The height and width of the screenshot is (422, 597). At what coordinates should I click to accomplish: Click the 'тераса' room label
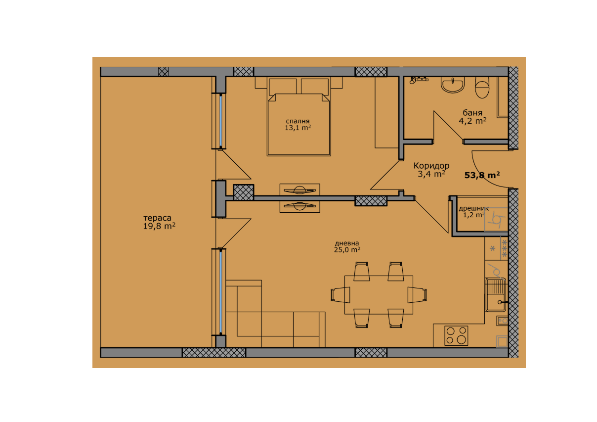(157, 219)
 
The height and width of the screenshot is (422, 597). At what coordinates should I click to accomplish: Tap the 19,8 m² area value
(159, 227)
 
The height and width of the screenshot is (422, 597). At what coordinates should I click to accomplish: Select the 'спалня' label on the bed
(298, 122)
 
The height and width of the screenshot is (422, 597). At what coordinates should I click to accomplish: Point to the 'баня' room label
(472, 113)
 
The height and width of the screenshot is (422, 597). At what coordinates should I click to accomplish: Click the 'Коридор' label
(431, 166)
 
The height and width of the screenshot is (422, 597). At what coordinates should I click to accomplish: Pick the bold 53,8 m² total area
(482, 175)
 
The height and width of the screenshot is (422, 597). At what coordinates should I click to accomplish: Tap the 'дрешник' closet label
(473, 209)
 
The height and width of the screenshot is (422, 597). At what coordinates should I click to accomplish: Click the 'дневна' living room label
(347, 243)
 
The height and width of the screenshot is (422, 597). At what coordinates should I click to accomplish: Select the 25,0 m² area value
(347, 250)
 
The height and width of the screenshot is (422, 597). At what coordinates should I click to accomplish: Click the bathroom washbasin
(453, 85)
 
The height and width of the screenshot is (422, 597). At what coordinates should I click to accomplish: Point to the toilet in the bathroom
(482, 88)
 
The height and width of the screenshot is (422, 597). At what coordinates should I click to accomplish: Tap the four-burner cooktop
(456, 335)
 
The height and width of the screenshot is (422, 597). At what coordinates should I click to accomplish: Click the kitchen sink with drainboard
(496, 295)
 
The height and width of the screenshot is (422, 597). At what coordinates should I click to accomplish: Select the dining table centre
(379, 295)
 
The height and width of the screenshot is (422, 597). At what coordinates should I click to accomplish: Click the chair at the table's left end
(341, 295)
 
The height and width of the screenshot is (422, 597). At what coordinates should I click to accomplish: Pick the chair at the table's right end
(418, 295)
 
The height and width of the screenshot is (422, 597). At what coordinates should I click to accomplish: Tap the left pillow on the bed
(283, 87)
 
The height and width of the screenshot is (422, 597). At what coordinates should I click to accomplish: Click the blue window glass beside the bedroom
(221, 121)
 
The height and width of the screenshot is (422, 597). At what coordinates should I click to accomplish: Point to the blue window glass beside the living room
(221, 292)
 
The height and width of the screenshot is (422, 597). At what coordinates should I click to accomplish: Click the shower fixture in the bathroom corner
(419, 80)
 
